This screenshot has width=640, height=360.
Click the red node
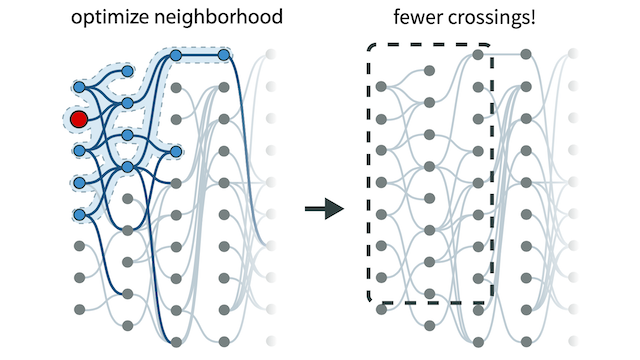[x=79, y=120]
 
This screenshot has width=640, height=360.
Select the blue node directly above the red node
[x=79, y=88]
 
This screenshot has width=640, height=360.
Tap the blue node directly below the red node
[x=79, y=151]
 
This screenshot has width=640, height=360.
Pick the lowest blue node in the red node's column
[x=79, y=214]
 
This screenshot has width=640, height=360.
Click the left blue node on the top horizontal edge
[x=176, y=55]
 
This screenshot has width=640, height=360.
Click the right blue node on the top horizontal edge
[x=224, y=55]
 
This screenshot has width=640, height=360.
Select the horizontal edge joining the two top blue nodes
[x=200, y=55]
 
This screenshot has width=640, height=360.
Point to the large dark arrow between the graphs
[x=323, y=208]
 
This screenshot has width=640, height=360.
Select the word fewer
[x=418, y=18]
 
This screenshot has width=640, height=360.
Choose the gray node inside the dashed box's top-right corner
[x=478, y=55]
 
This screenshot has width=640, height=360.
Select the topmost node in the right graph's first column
[x=382, y=88]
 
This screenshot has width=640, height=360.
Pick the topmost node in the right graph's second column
[x=430, y=71]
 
